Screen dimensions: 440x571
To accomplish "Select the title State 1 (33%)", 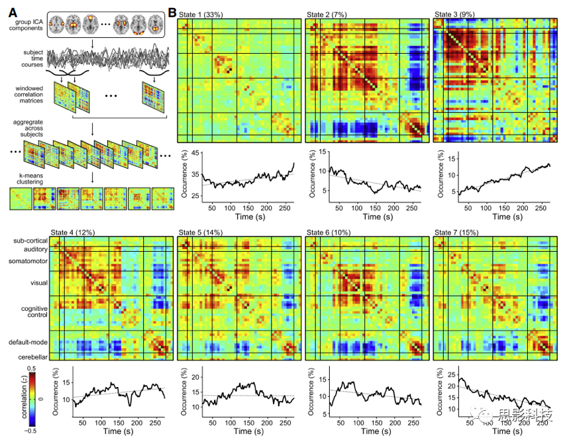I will tap(205, 14).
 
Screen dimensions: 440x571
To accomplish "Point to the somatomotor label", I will tap(26, 261).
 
